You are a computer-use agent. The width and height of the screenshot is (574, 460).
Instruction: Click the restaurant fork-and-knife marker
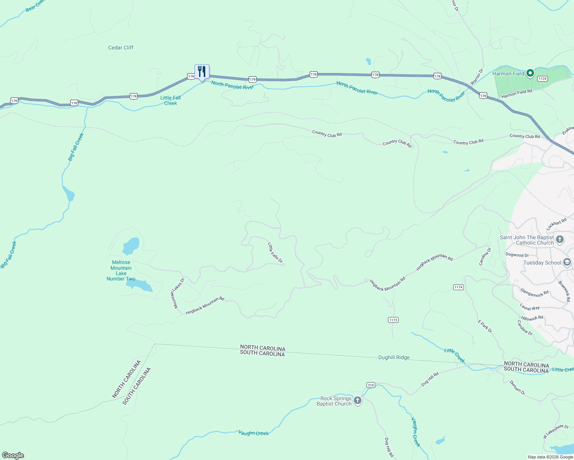point(202,72)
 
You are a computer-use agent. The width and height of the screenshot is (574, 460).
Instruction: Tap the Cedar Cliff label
point(121,48)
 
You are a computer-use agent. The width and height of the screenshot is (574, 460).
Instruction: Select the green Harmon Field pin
point(530,73)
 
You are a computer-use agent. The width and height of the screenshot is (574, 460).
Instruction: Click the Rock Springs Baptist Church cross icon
point(358,401)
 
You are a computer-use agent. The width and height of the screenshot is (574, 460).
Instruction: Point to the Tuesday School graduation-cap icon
point(567,263)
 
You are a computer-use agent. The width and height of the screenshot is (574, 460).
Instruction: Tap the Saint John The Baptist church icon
point(559,240)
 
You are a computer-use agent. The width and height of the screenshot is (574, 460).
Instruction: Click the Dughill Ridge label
point(394,357)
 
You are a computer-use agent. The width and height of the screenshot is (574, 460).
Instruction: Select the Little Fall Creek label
point(170,100)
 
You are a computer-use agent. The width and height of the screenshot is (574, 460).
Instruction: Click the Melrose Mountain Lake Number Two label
point(121,271)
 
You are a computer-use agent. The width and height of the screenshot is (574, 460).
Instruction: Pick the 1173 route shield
point(393,320)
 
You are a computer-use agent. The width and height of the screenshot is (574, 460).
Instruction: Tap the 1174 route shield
point(459,287)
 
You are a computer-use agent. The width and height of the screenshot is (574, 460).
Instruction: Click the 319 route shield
point(370,385)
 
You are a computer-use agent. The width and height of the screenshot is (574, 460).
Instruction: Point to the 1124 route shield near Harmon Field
point(542,79)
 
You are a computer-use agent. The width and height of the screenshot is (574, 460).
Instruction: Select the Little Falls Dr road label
point(275,253)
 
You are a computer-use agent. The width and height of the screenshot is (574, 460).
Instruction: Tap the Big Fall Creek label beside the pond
point(76,147)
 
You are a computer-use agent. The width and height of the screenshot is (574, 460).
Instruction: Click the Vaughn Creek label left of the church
point(254,433)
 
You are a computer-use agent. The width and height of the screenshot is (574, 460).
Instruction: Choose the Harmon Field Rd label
point(517,94)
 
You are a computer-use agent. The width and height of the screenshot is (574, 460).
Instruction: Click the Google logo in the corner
point(13,455)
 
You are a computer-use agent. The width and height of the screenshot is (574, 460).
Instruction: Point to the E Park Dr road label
point(485,326)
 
